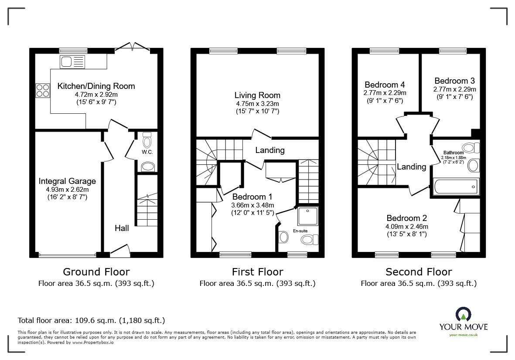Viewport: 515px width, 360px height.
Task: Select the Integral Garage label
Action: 67,181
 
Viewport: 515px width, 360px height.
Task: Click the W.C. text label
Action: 147,152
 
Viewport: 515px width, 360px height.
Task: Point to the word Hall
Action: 122,228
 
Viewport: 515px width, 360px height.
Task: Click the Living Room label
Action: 257,95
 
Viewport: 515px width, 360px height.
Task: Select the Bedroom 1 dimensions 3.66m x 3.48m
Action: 253,205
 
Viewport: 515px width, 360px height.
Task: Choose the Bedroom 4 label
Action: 382,85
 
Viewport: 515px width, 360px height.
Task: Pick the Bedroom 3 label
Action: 454,81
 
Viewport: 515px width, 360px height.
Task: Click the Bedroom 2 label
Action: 406,218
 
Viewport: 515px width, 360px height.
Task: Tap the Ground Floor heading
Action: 96,272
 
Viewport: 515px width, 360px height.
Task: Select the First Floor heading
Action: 257,272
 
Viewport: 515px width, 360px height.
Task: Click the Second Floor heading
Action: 419,272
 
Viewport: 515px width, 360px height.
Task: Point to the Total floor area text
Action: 91,320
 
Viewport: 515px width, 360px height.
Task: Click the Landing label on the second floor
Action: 411,166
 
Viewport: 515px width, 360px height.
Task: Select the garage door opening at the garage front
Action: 67,255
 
